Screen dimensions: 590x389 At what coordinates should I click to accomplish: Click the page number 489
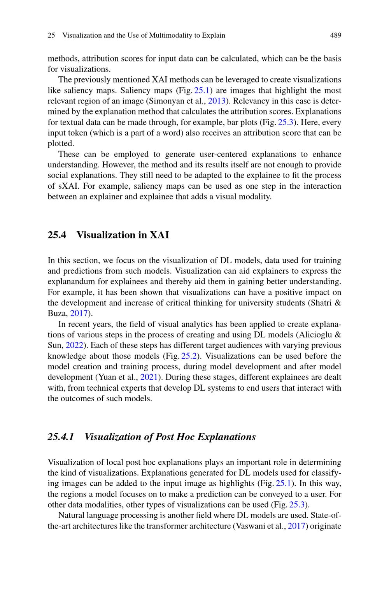(335, 35)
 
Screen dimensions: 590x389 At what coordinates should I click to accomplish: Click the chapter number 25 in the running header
(51, 35)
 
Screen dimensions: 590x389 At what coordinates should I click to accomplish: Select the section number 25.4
(57, 235)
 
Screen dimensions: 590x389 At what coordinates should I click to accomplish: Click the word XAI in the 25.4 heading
(159, 235)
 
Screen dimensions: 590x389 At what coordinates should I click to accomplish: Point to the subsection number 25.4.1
(61, 437)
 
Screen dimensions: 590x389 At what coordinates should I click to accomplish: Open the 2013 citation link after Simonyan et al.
(216, 101)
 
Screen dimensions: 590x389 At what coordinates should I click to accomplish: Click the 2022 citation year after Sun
(74, 345)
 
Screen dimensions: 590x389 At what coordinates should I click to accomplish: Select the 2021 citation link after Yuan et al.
(148, 377)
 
